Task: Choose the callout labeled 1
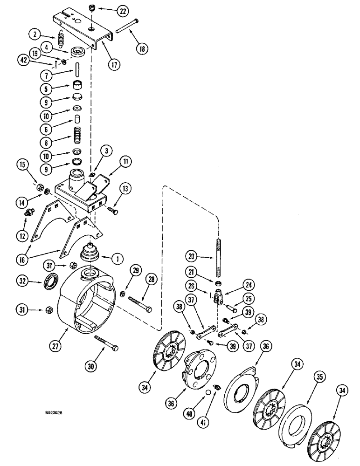coord(107,257)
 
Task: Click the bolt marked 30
coord(105,343)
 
